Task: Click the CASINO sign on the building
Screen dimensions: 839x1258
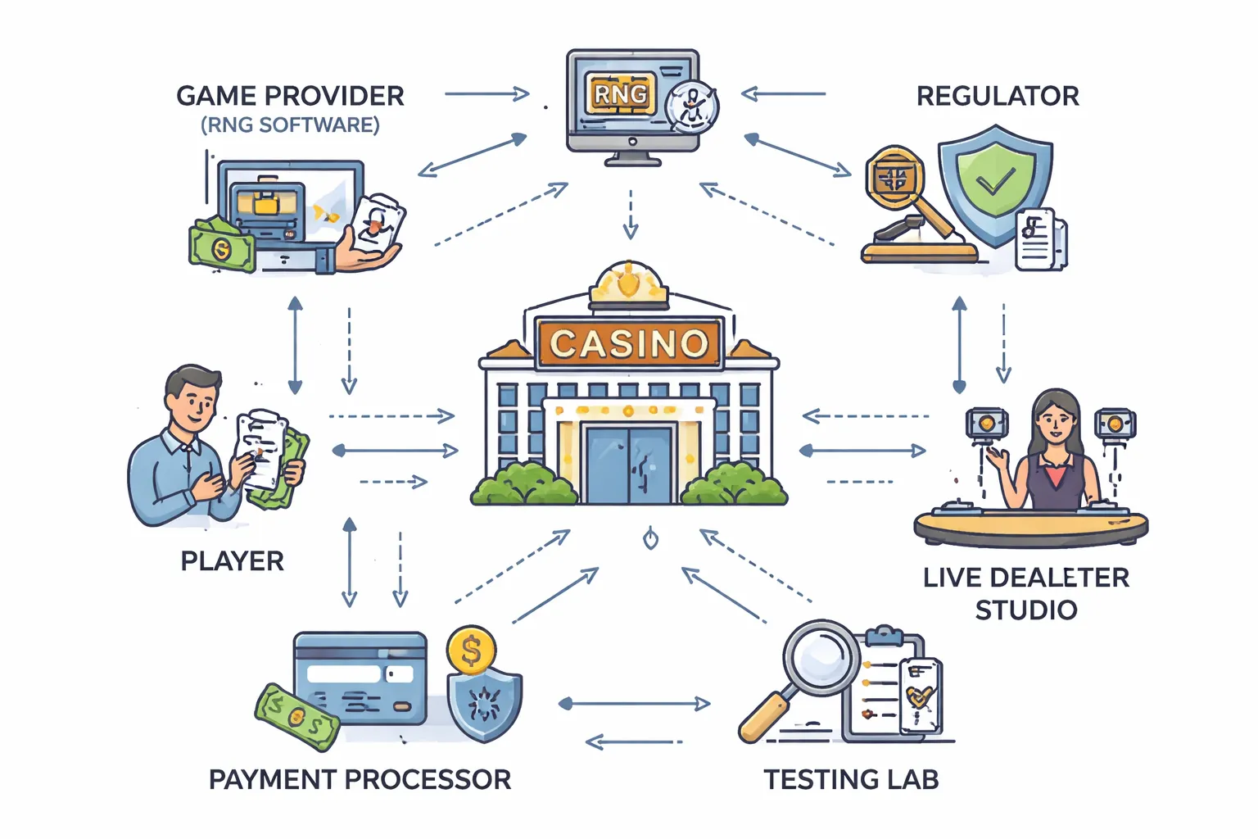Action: coord(629,343)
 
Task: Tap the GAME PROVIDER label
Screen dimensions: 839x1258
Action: coord(290,96)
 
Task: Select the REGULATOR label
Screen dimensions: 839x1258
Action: coord(997,96)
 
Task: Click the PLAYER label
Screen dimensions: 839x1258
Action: coord(232,561)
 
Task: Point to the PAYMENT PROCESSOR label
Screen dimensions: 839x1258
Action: coord(360,779)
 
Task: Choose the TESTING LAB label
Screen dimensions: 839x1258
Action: coord(851,779)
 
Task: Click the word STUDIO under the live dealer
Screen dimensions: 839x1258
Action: coord(1025,610)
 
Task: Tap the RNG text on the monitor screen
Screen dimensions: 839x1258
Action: coord(620,95)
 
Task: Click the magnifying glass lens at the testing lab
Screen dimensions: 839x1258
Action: coord(820,656)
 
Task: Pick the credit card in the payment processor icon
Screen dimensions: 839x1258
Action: coord(360,678)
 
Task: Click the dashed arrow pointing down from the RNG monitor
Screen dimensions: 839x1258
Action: coord(630,215)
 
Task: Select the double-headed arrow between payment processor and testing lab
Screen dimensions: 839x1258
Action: coord(634,703)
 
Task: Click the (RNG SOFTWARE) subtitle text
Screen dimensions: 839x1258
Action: coord(290,125)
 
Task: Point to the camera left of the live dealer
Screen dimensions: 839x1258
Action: coord(986,424)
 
